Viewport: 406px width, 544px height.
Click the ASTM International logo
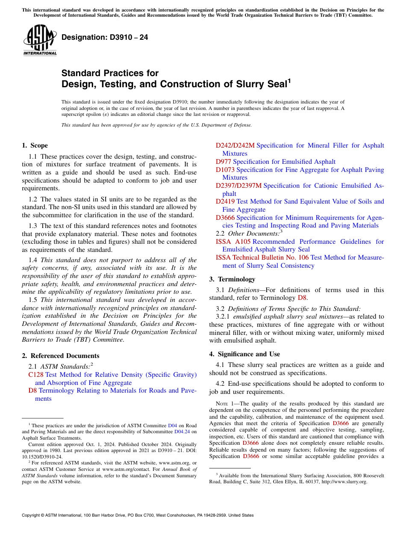(40, 40)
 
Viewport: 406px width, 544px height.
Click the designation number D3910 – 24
(105, 37)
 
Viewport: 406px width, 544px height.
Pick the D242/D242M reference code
(235, 145)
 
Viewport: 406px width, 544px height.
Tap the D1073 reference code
(225, 170)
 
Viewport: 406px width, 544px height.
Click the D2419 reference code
(225, 201)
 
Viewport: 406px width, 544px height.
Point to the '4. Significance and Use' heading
(244, 354)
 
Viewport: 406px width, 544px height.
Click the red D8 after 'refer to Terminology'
(302, 298)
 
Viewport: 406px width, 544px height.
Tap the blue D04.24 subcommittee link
(182, 432)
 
